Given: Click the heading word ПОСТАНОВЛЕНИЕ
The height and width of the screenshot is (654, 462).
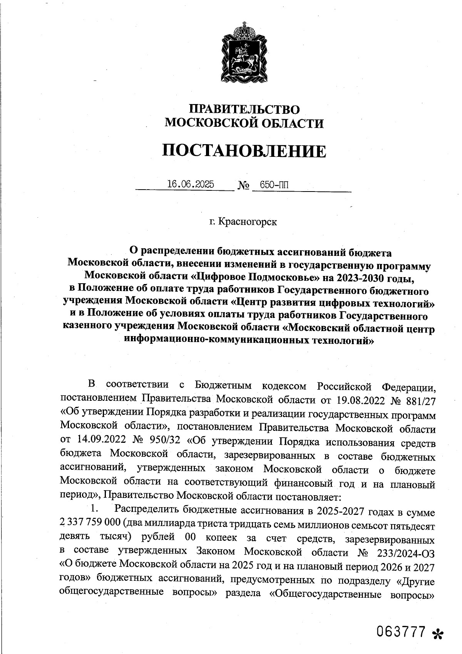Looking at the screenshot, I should [244, 151].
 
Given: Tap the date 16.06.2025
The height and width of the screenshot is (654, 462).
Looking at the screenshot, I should [190, 185].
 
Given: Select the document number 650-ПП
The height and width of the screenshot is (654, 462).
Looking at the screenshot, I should [274, 185].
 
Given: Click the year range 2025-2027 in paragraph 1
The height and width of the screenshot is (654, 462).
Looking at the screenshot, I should [340, 512].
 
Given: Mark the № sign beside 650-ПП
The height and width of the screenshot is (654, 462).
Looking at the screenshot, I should [243, 186].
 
